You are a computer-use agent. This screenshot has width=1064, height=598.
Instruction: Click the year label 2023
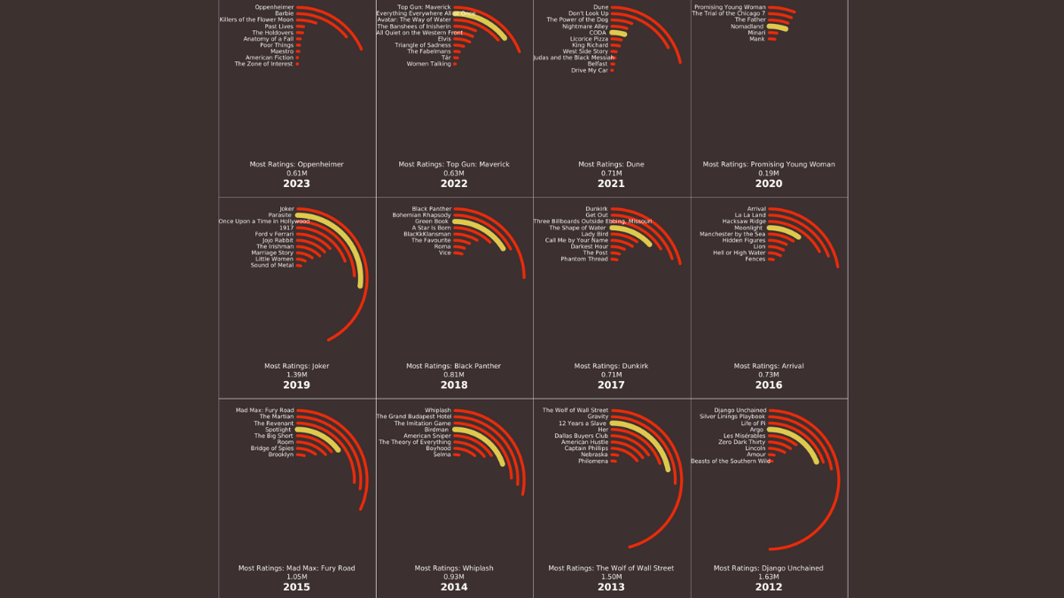(x=296, y=183)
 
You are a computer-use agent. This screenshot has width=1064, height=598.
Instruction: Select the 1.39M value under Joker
(x=296, y=375)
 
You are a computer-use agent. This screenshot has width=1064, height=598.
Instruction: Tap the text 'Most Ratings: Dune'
(x=611, y=164)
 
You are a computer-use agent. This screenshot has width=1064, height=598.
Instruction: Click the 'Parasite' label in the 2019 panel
(x=280, y=215)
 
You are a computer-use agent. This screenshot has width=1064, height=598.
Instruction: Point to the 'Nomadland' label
(x=747, y=27)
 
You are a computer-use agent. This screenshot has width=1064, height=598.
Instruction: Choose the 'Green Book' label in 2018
(x=432, y=221)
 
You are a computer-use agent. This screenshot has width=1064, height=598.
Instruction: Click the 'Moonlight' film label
(x=748, y=228)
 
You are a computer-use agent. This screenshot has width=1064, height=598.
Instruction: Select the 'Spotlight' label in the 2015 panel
(x=278, y=430)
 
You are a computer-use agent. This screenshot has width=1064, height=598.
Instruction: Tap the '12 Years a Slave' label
(x=583, y=423)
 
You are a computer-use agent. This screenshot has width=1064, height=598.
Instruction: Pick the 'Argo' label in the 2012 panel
(x=756, y=430)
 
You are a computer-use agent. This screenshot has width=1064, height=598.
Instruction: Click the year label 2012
(x=769, y=587)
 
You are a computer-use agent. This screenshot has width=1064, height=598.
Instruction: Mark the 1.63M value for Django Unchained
(x=769, y=577)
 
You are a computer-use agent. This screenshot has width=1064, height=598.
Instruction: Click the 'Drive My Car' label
(x=591, y=71)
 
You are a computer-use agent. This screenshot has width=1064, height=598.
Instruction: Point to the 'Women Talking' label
(x=428, y=64)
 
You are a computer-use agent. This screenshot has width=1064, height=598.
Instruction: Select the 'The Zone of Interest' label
(x=263, y=64)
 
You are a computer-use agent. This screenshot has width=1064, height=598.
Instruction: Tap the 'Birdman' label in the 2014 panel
(x=437, y=430)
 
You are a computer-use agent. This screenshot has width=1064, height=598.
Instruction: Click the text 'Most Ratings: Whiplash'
(x=454, y=568)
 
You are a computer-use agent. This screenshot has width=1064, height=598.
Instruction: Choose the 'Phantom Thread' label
(x=584, y=260)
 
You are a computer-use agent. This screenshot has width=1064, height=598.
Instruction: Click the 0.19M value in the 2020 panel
(x=769, y=174)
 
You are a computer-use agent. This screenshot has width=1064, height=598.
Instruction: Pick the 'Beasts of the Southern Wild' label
(x=731, y=462)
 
